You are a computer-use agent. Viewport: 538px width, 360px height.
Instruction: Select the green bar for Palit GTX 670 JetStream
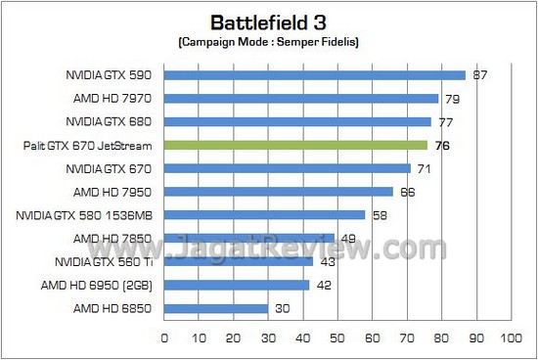(295, 145)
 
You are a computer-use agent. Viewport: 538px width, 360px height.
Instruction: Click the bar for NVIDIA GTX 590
(314, 74)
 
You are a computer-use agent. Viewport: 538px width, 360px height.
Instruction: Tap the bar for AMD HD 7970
(300, 98)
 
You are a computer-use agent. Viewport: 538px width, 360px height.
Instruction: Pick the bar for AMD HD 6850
(215, 309)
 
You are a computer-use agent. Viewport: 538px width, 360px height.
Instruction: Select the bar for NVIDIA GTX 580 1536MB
(264, 215)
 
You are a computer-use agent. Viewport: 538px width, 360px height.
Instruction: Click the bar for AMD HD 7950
(278, 192)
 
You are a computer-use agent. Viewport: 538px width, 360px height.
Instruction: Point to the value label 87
(480, 74)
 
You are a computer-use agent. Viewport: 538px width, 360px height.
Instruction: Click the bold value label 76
(442, 145)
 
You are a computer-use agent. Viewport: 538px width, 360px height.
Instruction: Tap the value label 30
(282, 309)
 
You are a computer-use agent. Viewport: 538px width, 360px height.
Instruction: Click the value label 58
(380, 215)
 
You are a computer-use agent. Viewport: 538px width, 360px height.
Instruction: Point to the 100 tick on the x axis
(510, 338)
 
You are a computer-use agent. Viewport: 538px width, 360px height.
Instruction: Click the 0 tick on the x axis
(163, 338)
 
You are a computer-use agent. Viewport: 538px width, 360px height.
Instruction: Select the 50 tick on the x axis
(336, 338)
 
